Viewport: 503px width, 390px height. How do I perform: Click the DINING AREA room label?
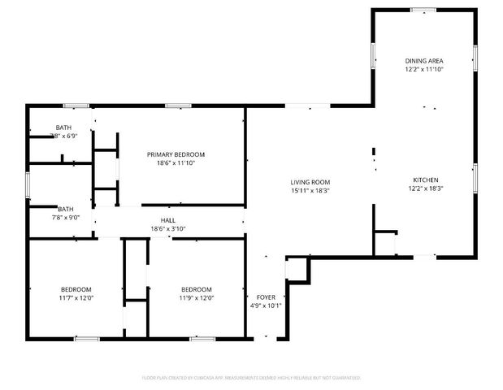point(424,61)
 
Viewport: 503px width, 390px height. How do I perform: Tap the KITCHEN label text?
point(426,180)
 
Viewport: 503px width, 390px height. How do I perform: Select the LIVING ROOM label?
point(310,182)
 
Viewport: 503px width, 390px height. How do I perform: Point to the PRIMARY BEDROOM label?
point(176,154)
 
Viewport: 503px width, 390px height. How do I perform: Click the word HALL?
point(168,220)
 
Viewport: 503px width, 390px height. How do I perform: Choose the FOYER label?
point(265,297)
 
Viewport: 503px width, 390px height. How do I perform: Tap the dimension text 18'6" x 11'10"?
point(176,162)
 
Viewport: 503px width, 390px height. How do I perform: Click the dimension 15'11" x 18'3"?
point(310,190)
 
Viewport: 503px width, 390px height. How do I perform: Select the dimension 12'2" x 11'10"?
point(424,69)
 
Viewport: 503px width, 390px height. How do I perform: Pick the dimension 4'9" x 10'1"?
point(265,305)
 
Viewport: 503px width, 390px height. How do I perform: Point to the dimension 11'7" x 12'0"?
point(76,297)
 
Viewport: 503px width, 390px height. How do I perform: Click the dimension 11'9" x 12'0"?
point(197,297)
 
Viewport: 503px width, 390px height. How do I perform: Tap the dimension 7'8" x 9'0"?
point(66,217)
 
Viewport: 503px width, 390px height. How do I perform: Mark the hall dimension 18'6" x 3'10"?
point(168,228)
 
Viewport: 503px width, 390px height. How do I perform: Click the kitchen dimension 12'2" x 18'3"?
point(426,188)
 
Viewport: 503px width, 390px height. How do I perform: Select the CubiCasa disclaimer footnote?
point(251,377)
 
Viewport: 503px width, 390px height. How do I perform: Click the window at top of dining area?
point(423,10)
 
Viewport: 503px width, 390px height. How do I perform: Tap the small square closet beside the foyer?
point(297,270)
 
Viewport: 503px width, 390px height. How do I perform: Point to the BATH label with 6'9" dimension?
point(63,128)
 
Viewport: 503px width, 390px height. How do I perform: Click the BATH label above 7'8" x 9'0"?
point(66,209)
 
